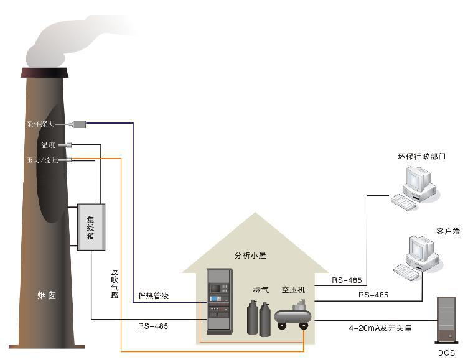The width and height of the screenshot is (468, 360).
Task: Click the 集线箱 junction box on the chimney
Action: click(x=91, y=227)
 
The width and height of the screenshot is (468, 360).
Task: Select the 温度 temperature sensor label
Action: click(x=48, y=145)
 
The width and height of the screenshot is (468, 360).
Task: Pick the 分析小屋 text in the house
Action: click(x=249, y=256)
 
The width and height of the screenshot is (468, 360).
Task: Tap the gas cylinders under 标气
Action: click(x=258, y=318)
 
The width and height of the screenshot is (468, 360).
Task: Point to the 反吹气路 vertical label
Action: click(x=115, y=284)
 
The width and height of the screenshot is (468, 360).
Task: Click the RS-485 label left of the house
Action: click(x=153, y=326)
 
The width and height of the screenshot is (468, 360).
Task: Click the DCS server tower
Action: click(x=446, y=321)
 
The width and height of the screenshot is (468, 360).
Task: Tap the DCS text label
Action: click(x=446, y=353)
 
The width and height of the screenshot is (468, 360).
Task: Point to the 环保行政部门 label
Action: click(x=421, y=156)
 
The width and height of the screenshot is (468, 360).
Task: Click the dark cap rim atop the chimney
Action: click(x=43, y=73)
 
